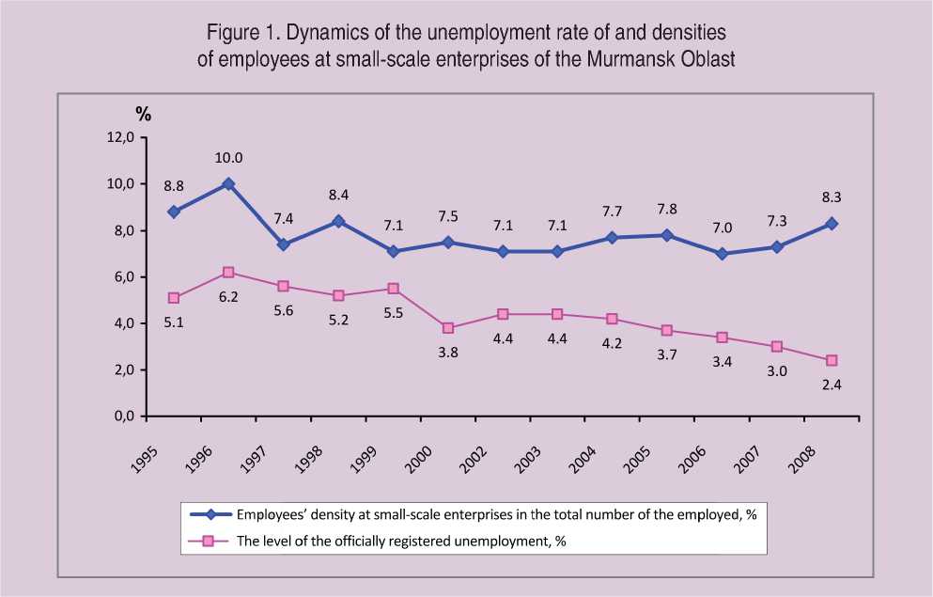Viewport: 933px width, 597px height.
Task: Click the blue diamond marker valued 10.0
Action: coord(227,184)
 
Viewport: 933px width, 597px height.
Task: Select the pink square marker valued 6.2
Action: coord(227,273)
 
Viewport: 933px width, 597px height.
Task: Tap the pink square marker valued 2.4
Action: coord(832,360)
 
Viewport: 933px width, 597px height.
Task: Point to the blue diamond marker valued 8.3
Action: coord(832,224)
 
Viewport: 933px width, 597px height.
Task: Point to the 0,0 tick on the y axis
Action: coord(126,416)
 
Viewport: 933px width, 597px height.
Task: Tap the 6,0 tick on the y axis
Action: coord(126,277)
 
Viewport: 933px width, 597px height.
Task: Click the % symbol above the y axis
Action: coord(143,115)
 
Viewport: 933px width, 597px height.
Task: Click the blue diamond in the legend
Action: coord(211,514)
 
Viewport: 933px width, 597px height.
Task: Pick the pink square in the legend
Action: coord(211,541)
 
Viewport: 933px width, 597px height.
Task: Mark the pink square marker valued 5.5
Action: coord(393,289)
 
